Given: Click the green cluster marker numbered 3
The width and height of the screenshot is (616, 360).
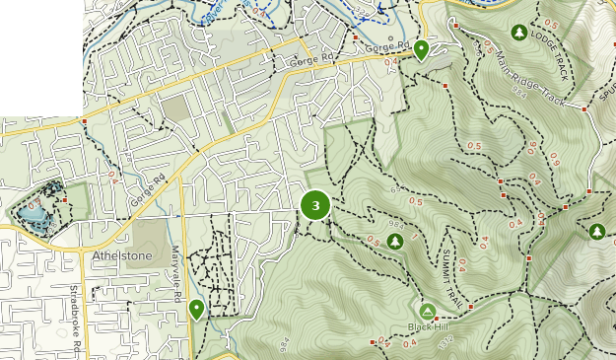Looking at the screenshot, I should [315, 205].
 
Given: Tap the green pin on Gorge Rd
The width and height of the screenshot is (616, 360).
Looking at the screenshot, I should [421, 48].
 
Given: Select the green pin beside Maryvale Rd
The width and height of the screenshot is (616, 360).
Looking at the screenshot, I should [196, 310].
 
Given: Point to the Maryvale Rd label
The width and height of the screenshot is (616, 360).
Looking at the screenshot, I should [177, 273].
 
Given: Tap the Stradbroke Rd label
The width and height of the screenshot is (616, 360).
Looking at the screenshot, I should [76, 316].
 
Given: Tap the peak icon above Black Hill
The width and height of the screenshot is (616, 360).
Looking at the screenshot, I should [428, 311].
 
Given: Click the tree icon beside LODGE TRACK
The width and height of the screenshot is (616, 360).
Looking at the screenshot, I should [518, 33].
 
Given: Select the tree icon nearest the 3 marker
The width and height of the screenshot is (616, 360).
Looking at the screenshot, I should [395, 241].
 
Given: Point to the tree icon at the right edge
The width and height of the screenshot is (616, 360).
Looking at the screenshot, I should [597, 232].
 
